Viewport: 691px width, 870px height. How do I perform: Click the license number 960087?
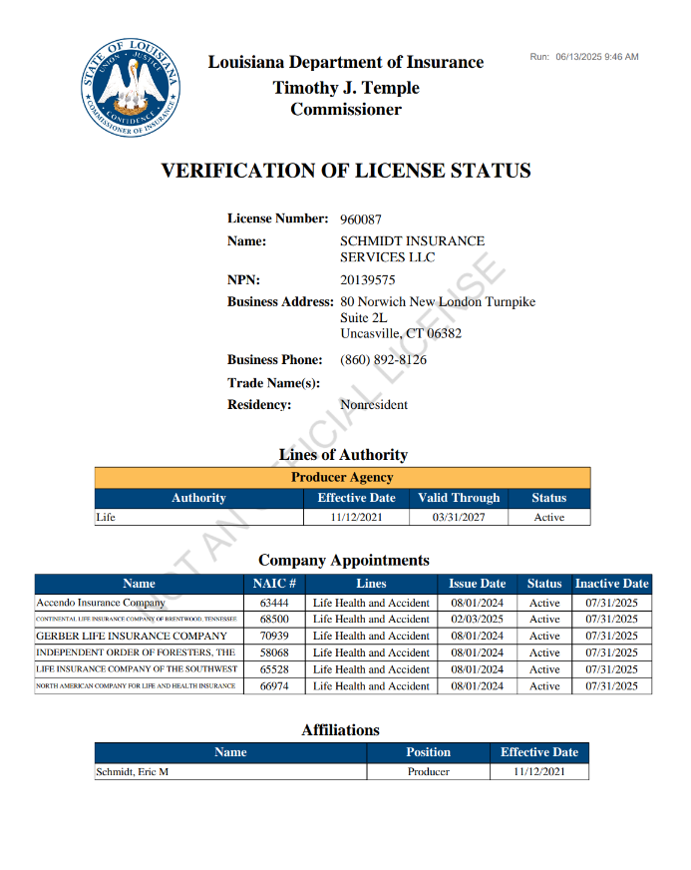[x=361, y=219]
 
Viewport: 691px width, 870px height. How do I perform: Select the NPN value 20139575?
[x=368, y=280]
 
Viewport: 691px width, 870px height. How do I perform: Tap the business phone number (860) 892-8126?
[x=383, y=360]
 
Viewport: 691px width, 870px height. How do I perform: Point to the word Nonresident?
[x=374, y=405]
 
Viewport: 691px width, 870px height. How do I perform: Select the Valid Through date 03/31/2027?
[x=459, y=518]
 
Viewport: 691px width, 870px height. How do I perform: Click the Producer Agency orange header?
[x=342, y=478]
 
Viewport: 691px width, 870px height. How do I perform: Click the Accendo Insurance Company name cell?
[x=101, y=603]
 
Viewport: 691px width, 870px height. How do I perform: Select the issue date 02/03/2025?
[x=478, y=619]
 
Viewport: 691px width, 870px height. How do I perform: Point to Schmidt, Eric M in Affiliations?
[x=132, y=772]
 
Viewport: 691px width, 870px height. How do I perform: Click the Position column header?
[x=428, y=752]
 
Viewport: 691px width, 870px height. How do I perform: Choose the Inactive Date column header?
[x=611, y=584]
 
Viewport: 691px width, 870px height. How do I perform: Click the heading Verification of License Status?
[x=345, y=172]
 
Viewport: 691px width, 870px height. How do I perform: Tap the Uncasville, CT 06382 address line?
[x=401, y=333]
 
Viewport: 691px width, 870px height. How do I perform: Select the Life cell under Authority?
[x=106, y=518]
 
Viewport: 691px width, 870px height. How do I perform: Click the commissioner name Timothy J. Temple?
[x=346, y=88]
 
